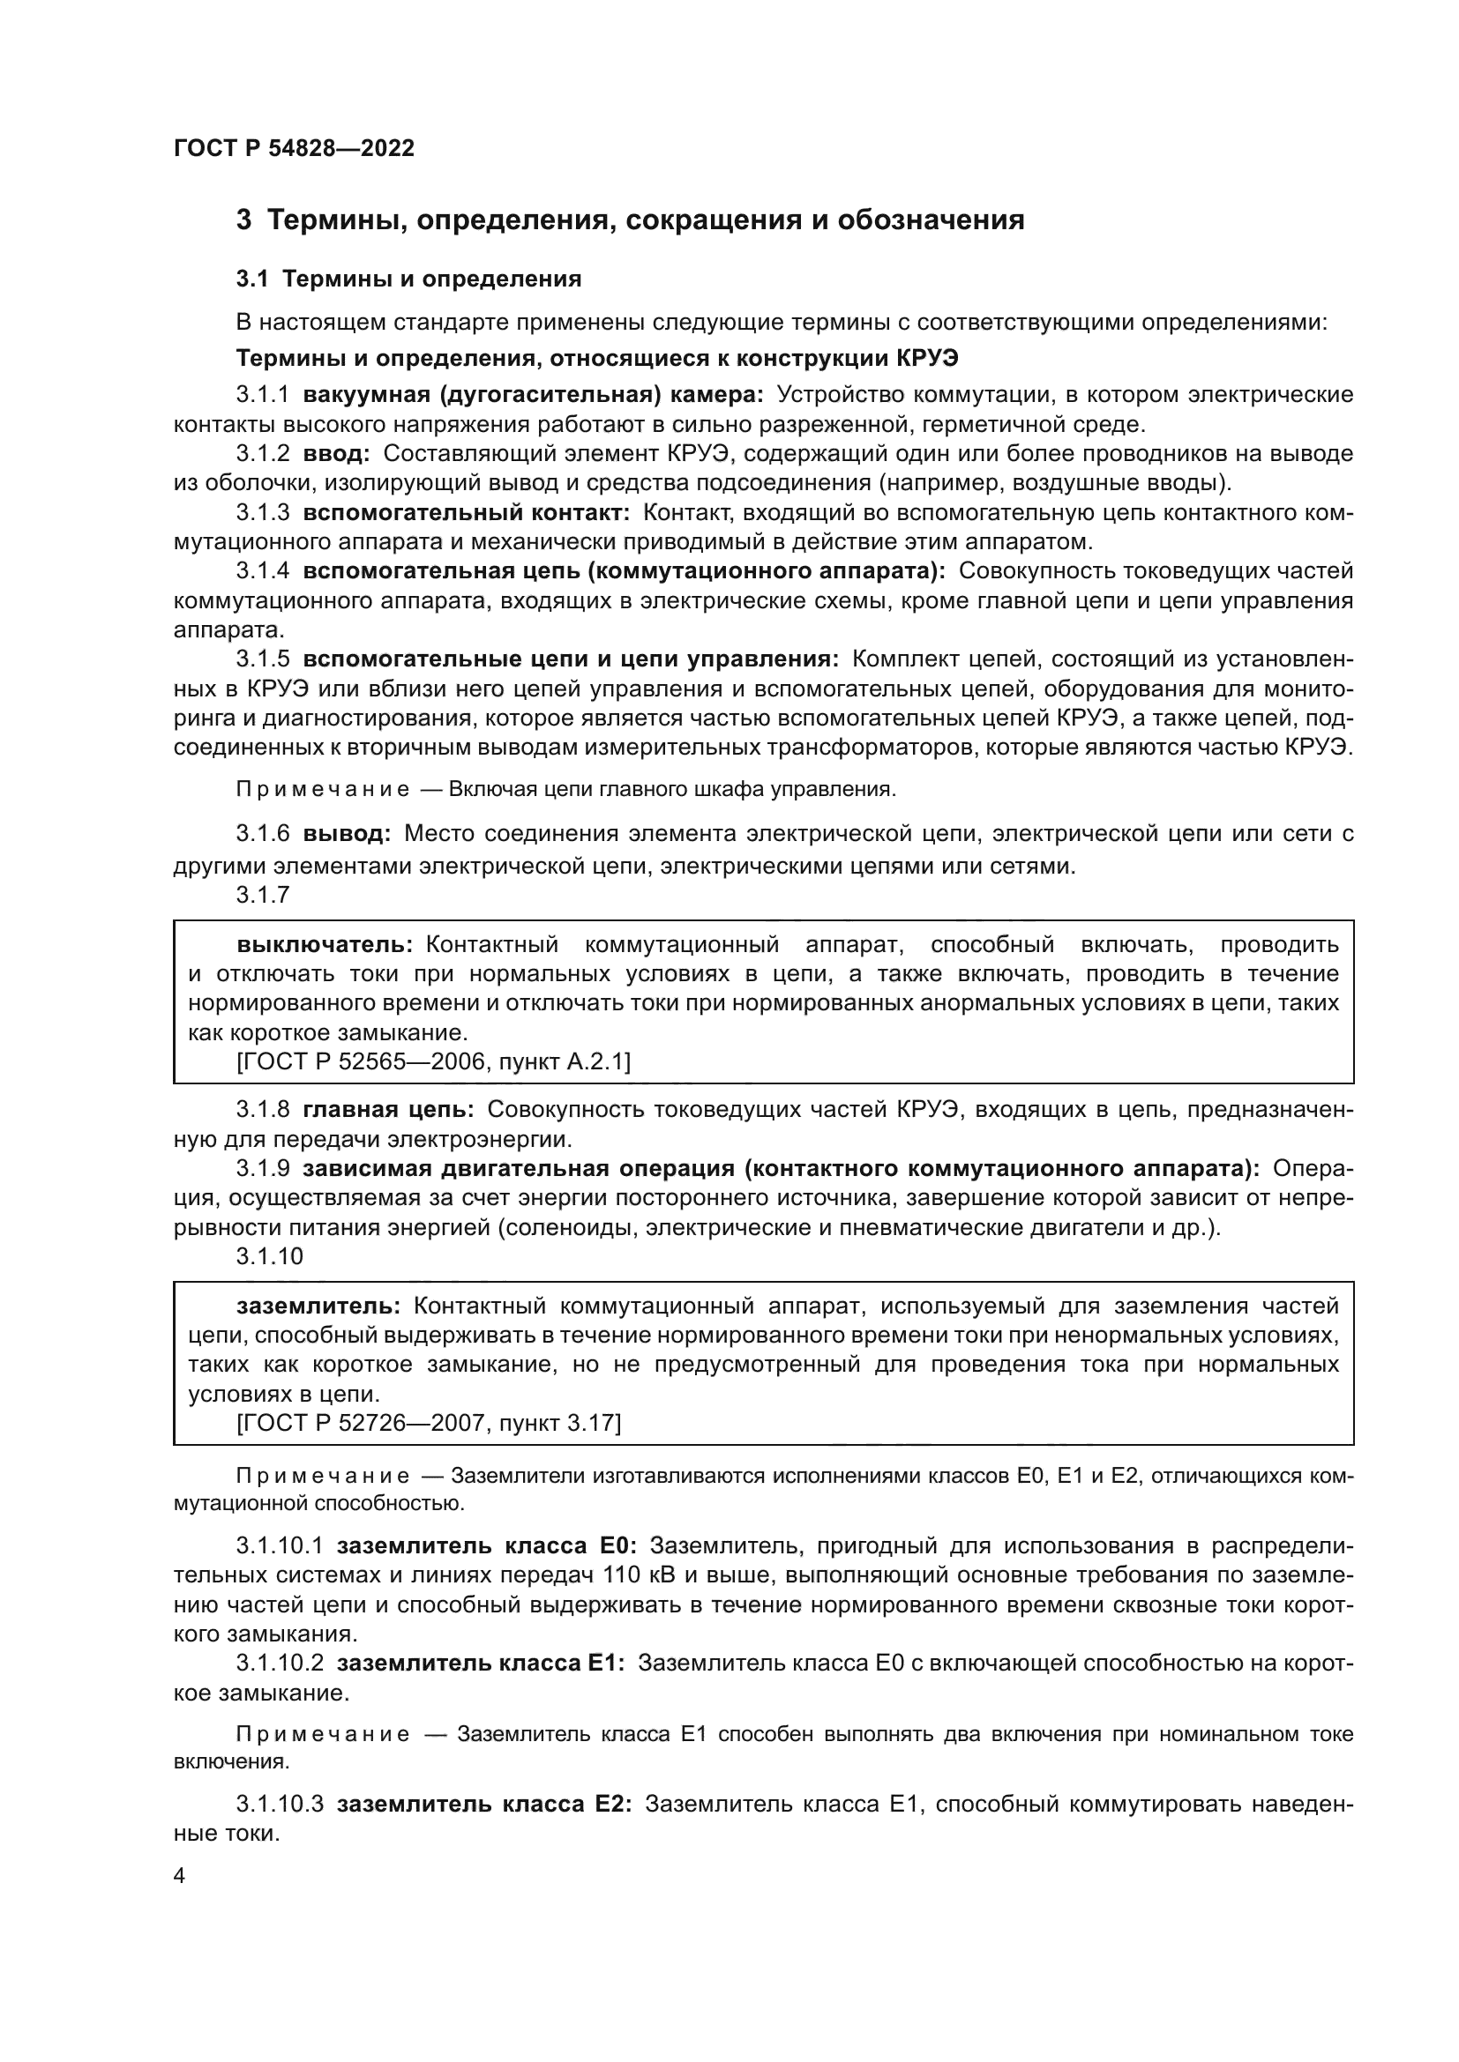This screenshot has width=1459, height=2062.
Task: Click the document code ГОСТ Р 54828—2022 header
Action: point(294,148)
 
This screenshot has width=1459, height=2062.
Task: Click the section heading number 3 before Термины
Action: point(243,220)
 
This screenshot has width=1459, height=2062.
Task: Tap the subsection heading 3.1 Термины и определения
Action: point(408,279)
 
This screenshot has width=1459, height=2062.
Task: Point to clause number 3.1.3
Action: point(263,513)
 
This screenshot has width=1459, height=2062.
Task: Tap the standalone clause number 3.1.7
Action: point(263,895)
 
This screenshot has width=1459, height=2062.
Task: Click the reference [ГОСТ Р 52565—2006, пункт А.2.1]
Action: point(433,1062)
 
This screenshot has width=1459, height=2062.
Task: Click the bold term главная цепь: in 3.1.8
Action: point(388,1110)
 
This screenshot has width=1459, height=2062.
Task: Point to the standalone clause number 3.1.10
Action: point(270,1256)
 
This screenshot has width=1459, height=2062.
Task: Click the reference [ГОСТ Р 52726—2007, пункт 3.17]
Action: point(429,1424)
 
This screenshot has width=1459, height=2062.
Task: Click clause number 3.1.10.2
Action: point(280,1664)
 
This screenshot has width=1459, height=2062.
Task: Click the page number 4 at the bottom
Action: point(180,1876)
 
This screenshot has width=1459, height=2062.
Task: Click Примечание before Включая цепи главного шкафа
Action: point(323,790)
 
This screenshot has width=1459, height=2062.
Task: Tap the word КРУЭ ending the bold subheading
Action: point(928,358)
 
